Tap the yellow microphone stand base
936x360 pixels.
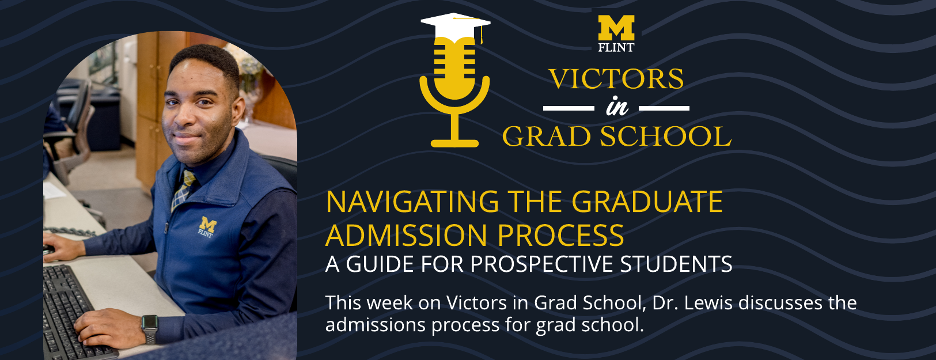pyautogui.click(x=455, y=142)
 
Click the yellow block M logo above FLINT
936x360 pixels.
pyautogui.click(x=616, y=28)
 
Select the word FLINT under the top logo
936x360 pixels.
pyautogui.click(x=616, y=48)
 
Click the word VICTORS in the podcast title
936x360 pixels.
pyautogui.click(x=616, y=79)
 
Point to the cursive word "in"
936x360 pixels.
pyautogui.click(x=616, y=107)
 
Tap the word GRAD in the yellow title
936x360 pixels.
pyautogui.click(x=547, y=137)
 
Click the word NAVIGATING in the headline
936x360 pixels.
pyautogui.click(x=412, y=202)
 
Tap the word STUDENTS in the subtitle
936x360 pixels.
pyautogui.click(x=676, y=264)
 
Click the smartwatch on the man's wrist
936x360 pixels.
pyautogui.click(x=150, y=328)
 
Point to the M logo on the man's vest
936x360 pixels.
pyautogui.click(x=207, y=226)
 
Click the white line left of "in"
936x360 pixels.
pyautogui.click(x=569, y=108)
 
